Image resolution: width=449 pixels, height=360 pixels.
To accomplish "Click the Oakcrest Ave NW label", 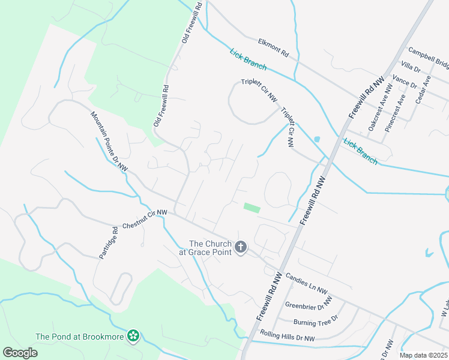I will coord(380,107).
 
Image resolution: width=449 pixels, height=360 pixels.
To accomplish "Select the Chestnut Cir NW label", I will coord(145,220).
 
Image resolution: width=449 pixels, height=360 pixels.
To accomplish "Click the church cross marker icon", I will coord(241,247).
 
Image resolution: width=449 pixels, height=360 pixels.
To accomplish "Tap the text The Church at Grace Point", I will coord(209,248).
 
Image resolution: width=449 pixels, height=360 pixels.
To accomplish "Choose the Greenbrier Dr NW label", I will coord(309,304).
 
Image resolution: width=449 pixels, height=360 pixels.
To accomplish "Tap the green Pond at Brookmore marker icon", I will coord(133,337).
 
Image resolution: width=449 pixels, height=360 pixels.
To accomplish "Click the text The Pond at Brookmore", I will coord(80,337).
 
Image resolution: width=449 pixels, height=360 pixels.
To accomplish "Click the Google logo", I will coord(20,353).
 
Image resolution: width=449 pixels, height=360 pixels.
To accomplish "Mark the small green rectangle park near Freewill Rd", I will coord(252,208).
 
